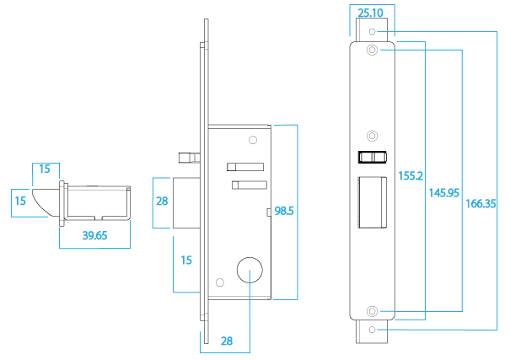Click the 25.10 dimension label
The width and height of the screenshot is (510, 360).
pyautogui.click(x=371, y=13)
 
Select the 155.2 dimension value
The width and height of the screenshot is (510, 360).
pyautogui.click(x=411, y=176)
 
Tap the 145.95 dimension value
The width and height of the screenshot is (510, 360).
pyautogui.click(x=443, y=193)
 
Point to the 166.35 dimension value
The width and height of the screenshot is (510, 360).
pyautogui.click(x=480, y=203)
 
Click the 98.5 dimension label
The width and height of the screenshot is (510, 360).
pyautogui.click(x=284, y=211)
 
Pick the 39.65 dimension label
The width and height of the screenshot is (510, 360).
pyautogui.click(x=94, y=236)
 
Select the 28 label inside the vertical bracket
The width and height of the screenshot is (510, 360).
pyautogui.click(x=162, y=201)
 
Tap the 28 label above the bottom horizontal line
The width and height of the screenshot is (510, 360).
pyautogui.click(x=226, y=341)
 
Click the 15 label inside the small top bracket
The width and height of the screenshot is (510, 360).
pyautogui.click(x=44, y=169)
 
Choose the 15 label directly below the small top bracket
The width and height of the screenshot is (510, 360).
pyautogui.click(x=20, y=201)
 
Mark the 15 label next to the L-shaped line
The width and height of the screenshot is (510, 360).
pyautogui.click(x=186, y=261)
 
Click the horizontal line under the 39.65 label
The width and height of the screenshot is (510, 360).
pyautogui.click(x=94, y=249)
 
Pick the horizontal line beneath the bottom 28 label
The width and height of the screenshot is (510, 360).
pyautogui.click(x=224, y=353)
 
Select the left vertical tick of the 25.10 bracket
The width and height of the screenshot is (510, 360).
pyautogui.click(x=350, y=21)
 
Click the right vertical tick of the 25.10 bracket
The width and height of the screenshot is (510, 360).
pyautogui.click(x=395, y=21)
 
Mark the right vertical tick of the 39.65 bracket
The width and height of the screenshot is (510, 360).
pyautogui.click(x=130, y=234)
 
